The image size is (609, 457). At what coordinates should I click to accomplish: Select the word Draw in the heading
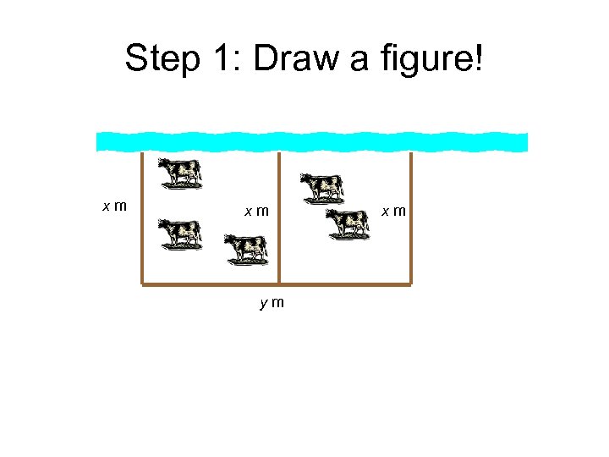click(292, 58)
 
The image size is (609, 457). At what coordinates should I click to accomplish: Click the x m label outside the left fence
click(115, 206)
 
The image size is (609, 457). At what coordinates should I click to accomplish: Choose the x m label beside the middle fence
click(256, 210)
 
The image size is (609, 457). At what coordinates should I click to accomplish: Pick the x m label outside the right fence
click(394, 209)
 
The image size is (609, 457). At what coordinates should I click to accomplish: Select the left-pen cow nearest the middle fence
click(246, 249)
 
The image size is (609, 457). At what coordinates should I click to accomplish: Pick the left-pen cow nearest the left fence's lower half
click(180, 234)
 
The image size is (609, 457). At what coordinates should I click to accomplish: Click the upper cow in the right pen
click(322, 187)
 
